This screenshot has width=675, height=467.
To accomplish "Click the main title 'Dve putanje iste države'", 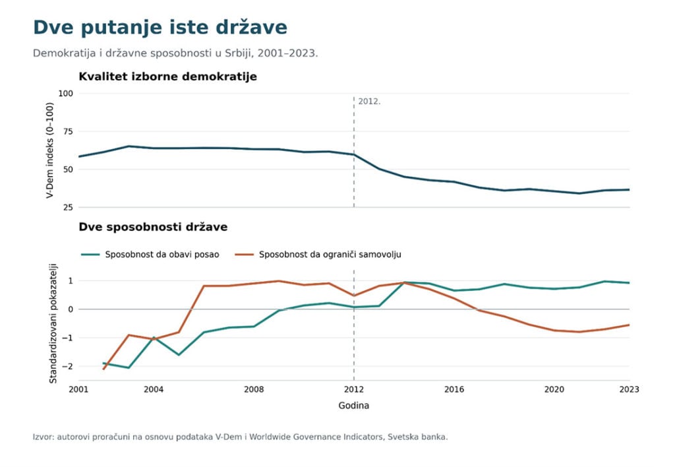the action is pos(160,28).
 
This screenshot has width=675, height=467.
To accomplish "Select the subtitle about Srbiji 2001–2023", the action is pos(175,53).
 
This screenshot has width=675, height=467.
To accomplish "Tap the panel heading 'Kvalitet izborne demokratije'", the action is pos(167,77).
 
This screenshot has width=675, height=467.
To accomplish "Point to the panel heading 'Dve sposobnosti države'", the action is pos(153,227).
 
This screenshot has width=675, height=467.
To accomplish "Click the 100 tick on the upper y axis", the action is pos(65,94).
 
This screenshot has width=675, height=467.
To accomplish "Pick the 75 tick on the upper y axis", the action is pos(68,131).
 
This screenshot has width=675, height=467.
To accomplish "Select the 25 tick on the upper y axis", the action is pos(68,208).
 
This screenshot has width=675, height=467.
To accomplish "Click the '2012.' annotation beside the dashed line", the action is pos(369,102).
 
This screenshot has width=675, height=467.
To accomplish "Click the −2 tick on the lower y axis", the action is pos(68,366).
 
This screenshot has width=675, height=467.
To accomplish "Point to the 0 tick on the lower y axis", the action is pos(71,309).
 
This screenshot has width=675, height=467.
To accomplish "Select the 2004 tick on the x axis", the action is pos(154,389).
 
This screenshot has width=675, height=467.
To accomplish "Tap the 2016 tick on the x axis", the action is pos(454,389).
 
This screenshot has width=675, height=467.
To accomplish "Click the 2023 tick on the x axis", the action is pos(629,389).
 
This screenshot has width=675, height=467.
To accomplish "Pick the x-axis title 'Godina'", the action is pos(354,406).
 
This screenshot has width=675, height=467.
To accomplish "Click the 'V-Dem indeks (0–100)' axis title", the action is pos(50,150).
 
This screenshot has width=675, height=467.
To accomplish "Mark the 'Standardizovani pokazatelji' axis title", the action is pos(53,324).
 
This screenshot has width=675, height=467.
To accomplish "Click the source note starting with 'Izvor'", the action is pos(240,437).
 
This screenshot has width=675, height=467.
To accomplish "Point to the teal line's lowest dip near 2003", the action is pos(129,367).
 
